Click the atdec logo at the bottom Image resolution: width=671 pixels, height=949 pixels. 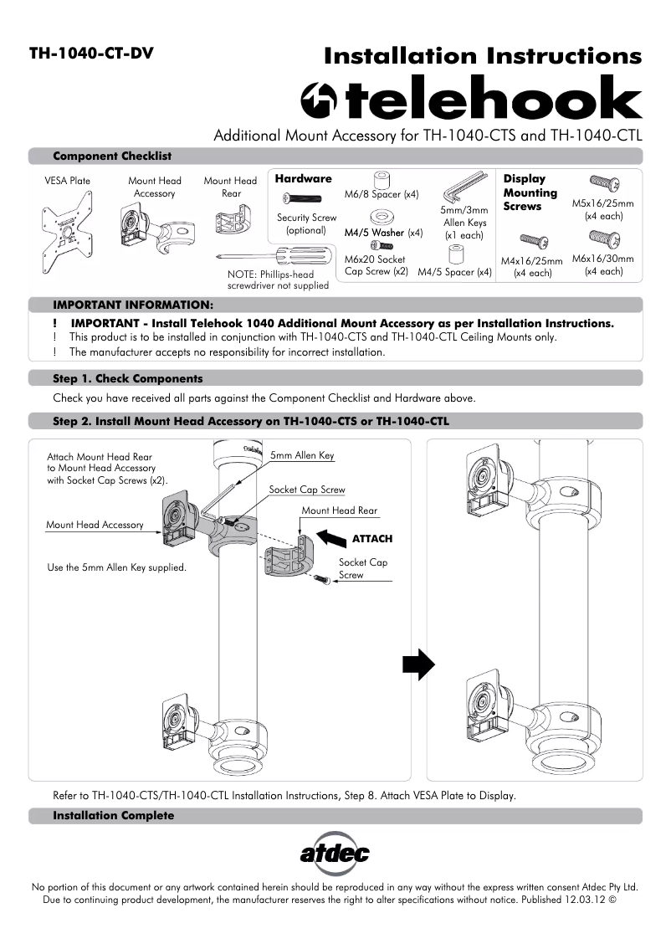pyautogui.click(x=335, y=854)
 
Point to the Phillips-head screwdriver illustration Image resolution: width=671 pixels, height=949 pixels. pyautogui.click(x=264, y=256)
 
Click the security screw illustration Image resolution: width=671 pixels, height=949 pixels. pyautogui.click(x=306, y=198)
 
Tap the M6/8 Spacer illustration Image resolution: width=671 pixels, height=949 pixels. pyautogui.click(x=382, y=179)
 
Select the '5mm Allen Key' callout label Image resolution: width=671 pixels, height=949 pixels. pyautogui.click(x=302, y=455)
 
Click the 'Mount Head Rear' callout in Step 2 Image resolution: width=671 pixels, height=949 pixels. pyautogui.click(x=339, y=510)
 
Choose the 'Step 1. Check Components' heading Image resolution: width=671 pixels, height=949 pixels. pyautogui.click(x=127, y=378)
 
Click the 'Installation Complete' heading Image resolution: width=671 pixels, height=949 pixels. pyautogui.click(x=114, y=815)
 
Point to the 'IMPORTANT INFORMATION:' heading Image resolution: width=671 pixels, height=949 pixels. pyautogui.click(x=133, y=305)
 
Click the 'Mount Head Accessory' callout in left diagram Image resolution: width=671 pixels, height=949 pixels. pyautogui.click(x=95, y=525)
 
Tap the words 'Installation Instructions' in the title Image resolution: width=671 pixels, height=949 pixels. pyautogui.click(x=483, y=56)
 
